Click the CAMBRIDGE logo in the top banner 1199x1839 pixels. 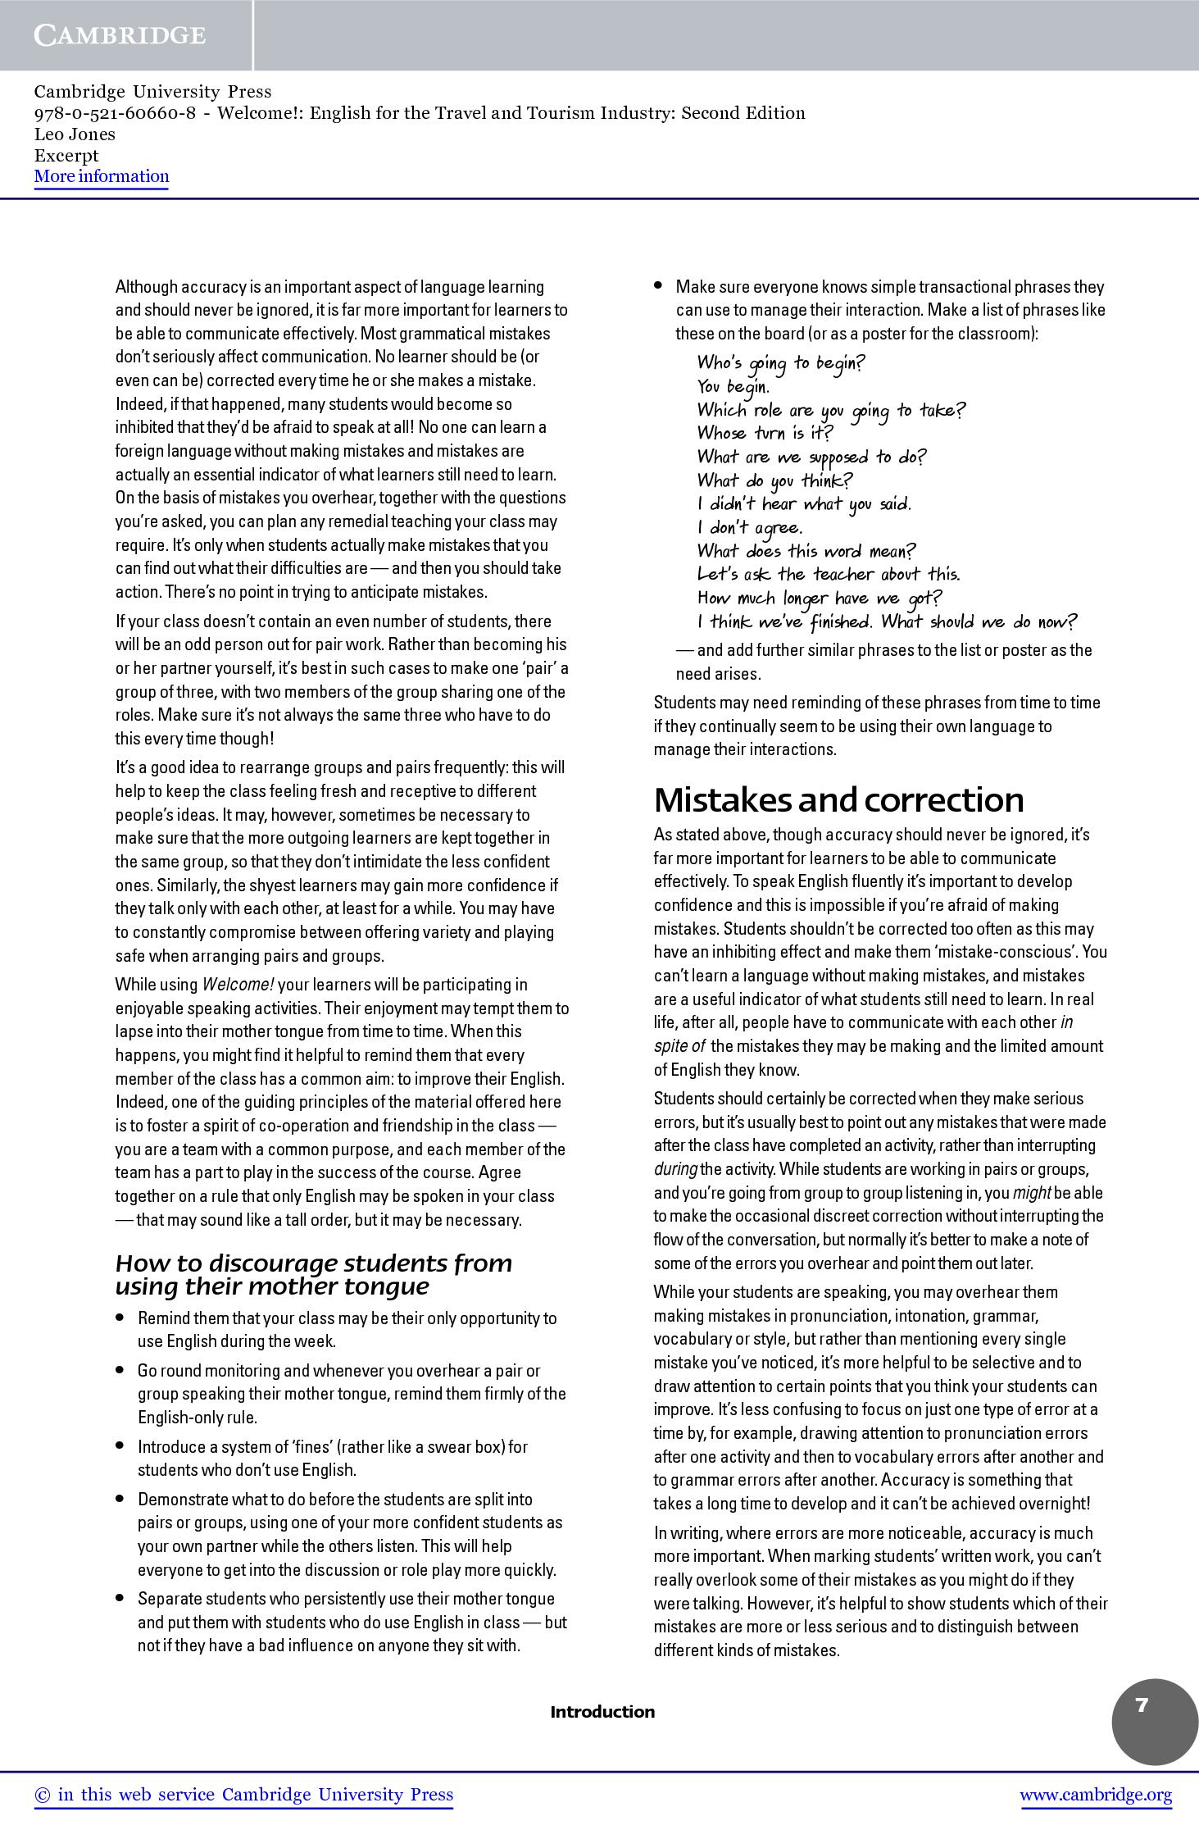coord(120,35)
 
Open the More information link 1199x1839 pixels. coord(102,176)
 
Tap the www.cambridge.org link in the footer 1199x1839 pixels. coord(1096,1795)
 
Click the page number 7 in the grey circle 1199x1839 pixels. coord(1142,1705)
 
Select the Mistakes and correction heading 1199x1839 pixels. coord(839,799)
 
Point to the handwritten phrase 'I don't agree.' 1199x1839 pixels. coord(750,528)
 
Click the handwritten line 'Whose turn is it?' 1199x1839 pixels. coord(765,433)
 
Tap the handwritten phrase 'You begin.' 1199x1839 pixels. coord(733,386)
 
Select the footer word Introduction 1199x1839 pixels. coord(602,1711)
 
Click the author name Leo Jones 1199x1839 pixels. coord(75,134)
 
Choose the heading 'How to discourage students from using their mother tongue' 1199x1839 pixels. coord(314,1274)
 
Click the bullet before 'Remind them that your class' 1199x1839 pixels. coord(120,1318)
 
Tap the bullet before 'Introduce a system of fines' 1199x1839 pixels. coord(120,1445)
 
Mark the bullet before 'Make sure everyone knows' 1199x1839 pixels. coord(658,286)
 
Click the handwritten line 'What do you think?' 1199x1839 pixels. coord(774,480)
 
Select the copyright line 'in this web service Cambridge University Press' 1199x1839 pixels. coord(243,1795)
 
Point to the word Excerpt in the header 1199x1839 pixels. coord(66,155)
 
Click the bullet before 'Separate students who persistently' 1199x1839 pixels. coord(120,1598)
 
